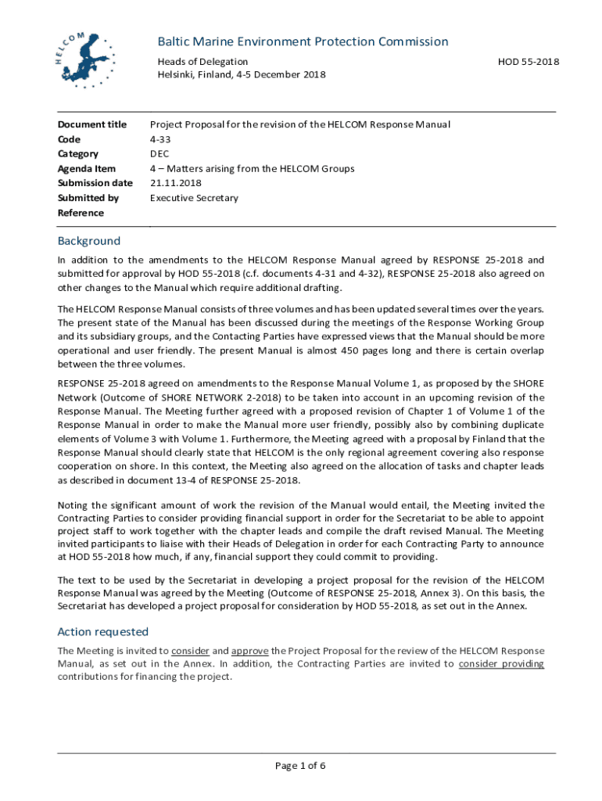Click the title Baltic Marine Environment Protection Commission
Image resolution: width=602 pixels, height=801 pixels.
tap(303, 41)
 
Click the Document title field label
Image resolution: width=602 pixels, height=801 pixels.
tap(92, 124)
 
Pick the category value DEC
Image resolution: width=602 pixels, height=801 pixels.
tap(160, 154)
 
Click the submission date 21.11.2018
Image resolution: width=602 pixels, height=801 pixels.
tap(177, 183)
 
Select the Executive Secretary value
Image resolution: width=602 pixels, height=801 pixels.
tap(194, 198)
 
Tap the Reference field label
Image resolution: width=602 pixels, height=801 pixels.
tap(81, 213)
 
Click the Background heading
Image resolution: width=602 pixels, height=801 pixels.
tap(89, 241)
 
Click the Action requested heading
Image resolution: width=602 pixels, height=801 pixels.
tap(103, 631)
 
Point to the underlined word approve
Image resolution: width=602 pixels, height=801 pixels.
tap(250, 651)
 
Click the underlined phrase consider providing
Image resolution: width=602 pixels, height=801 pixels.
tap(501, 664)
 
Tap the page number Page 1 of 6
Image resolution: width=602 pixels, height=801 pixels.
tap(300, 766)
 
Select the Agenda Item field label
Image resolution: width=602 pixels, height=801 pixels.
tap(87, 169)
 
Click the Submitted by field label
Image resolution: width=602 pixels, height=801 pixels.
tap(88, 198)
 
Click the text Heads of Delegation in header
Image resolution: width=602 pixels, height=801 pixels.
tap(202, 62)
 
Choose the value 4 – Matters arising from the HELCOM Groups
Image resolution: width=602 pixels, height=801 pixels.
tap(252, 169)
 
